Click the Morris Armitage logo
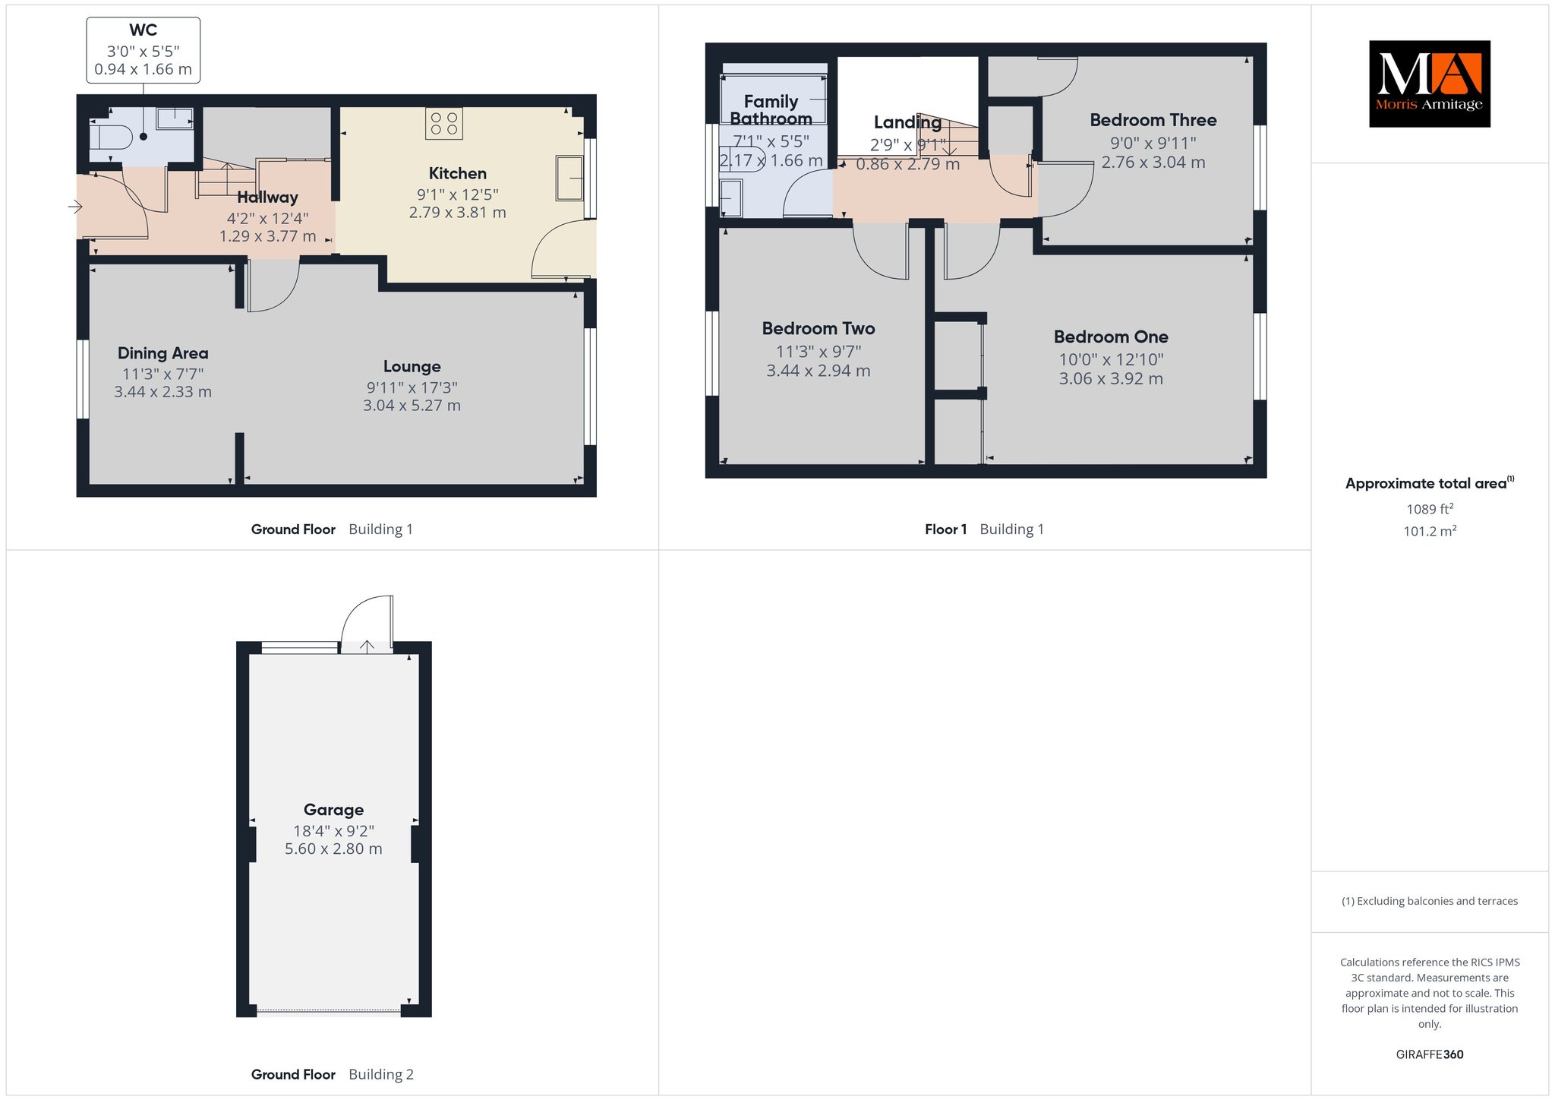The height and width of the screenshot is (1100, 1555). tap(1429, 84)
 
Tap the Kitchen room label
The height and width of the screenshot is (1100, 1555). tap(457, 173)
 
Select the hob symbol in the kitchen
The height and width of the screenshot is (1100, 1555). tap(444, 124)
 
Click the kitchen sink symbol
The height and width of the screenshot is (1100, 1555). tap(569, 179)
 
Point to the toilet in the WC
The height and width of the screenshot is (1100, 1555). tap(110, 137)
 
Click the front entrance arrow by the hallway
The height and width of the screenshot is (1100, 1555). tap(74, 206)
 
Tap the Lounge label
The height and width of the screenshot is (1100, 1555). tap(412, 367)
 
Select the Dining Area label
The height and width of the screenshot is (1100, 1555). tap(162, 353)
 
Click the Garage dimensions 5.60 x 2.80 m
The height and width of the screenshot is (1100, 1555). tap(333, 849)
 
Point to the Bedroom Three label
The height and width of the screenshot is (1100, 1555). tap(1153, 120)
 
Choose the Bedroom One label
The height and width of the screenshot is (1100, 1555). tap(1111, 337)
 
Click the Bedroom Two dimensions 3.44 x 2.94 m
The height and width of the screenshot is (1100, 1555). tap(819, 371)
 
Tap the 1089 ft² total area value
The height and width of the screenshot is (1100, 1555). tap(1430, 509)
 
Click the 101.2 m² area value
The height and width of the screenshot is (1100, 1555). tap(1430, 531)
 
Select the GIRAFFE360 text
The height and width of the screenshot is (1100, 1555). tap(1430, 1054)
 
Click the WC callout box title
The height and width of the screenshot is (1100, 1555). tap(144, 30)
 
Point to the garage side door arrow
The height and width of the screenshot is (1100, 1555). tap(367, 646)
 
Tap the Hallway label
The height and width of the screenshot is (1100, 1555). tap(267, 198)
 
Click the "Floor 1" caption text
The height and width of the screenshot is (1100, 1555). tap(945, 529)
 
